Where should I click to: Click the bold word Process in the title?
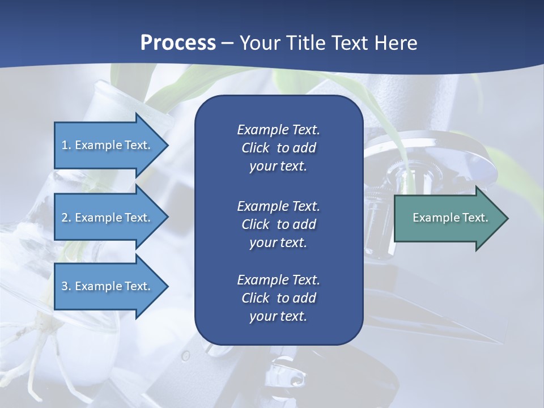178,43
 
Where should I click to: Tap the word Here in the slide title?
396,43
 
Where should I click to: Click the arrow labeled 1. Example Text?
108,145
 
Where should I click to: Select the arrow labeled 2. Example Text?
108,218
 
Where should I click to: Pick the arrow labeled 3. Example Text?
108,286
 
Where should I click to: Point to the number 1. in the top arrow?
66,145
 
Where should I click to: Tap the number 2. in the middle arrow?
66,218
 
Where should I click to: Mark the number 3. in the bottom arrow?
66,286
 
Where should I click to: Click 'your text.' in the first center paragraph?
278,167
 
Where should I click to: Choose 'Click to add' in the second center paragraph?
278,224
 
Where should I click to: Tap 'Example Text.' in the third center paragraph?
278,280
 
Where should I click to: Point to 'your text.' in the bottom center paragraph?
278,316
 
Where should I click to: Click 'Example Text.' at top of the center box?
278,130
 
